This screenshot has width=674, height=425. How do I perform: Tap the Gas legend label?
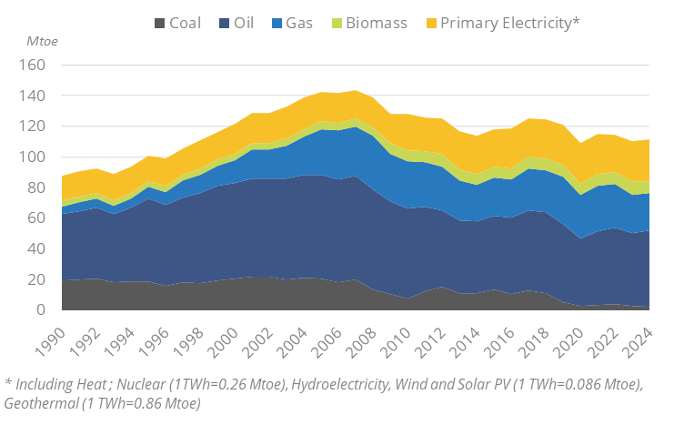[x=297, y=23]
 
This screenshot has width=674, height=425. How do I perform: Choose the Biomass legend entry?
[x=375, y=23]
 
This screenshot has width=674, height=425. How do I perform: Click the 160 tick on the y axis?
[x=33, y=66]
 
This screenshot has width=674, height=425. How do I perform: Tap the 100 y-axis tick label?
[x=33, y=157]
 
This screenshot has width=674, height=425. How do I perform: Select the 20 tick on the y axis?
[x=37, y=279]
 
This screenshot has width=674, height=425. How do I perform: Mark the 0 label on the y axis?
[x=41, y=310]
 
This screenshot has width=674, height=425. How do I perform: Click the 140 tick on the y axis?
[x=33, y=96]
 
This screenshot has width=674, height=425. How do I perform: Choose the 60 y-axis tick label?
[x=37, y=218]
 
